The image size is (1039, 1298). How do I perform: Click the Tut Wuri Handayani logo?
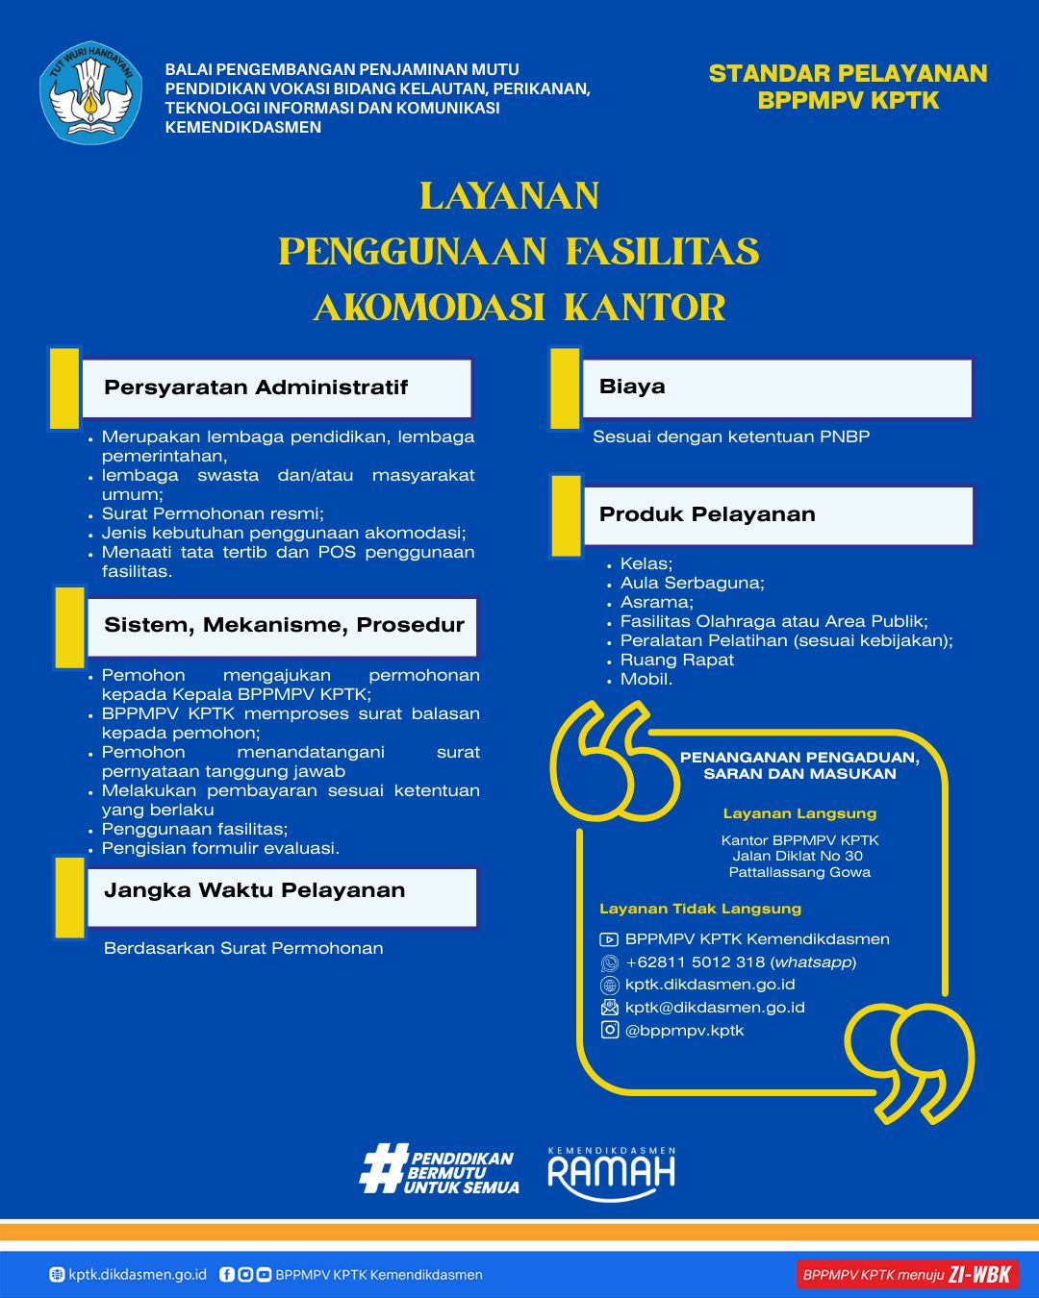click(x=90, y=93)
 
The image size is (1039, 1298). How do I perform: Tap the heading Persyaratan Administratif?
click(x=256, y=387)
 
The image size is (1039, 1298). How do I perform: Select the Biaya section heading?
click(x=632, y=387)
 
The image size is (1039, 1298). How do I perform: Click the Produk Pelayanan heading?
click(x=707, y=514)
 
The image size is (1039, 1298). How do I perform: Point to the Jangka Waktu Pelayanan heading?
click(x=254, y=890)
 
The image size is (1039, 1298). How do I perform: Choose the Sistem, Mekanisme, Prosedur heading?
click(x=284, y=625)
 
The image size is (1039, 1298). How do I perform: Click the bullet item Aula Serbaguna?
click(x=692, y=583)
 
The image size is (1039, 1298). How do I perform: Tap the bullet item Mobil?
click(x=646, y=679)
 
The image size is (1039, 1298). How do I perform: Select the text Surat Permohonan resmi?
click(x=213, y=513)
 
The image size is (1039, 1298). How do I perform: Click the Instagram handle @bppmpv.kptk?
click(x=684, y=1031)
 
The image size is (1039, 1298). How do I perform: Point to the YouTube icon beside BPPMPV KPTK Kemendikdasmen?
click(x=609, y=939)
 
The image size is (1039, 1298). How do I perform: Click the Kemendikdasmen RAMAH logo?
click(x=611, y=1173)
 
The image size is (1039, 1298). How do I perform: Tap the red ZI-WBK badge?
click(x=906, y=1275)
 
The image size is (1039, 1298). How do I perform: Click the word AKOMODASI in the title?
click(x=429, y=308)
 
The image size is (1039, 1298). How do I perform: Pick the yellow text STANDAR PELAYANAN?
click(x=848, y=74)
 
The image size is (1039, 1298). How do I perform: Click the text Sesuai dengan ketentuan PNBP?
click(x=731, y=437)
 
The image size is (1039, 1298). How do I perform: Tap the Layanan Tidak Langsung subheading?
click(x=699, y=909)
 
